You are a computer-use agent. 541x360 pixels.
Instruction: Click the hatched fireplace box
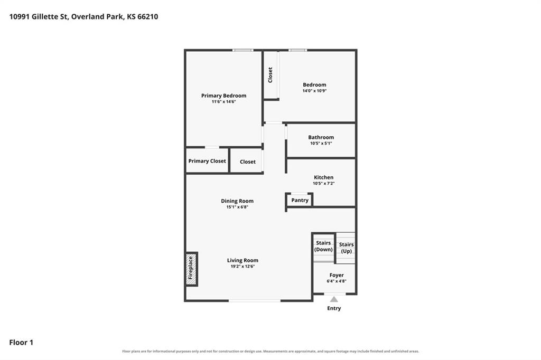pos(191,269)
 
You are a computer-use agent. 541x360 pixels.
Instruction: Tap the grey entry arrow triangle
pos(334,299)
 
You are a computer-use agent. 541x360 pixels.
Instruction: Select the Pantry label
pos(300,200)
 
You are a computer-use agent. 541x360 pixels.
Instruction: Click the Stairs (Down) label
pos(323,246)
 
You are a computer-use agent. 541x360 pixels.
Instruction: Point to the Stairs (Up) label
pos(346,248)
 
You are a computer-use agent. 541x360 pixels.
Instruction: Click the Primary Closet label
pos(207,161)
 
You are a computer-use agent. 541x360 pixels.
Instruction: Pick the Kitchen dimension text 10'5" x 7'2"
pos(324,184)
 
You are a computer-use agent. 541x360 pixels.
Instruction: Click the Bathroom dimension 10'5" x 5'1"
pos(321,143)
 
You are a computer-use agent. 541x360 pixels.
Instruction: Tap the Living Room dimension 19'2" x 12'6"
pos(242,266)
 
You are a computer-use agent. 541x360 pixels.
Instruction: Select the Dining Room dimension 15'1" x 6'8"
pos(237,207)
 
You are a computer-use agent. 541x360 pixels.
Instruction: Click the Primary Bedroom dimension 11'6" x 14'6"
pos(223,102)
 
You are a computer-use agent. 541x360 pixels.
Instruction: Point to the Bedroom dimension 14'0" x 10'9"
pos(314,91)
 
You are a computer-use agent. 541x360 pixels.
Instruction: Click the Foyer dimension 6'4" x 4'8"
pos(337,281)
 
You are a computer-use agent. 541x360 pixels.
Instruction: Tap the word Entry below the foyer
pos(334,308)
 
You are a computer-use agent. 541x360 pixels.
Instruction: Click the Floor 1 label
pos(21,343)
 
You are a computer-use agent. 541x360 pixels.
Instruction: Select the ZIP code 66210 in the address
pos(148,16)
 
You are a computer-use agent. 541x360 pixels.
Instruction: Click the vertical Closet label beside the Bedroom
pos(270,75)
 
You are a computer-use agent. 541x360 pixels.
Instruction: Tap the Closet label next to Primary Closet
pos(248,162)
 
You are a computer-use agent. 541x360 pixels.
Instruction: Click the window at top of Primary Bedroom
pos(242,50)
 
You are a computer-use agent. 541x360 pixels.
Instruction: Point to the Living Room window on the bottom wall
pos(255,301)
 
